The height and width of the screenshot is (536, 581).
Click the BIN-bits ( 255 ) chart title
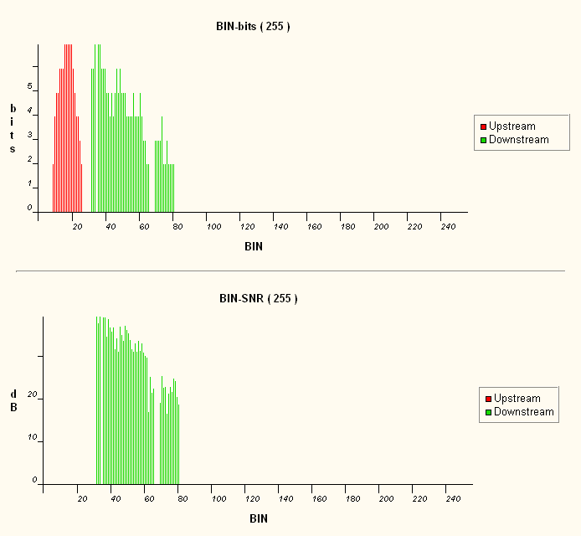(253, 26)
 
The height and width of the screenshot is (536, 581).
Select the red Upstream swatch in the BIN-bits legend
(483, 126)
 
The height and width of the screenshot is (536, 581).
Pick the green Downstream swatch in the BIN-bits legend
(483, 140)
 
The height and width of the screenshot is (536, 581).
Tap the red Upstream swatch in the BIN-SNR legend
(488, 399)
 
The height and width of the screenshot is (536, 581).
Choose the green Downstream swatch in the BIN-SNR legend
(488, 412)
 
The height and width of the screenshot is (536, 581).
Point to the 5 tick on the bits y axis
(29, 86)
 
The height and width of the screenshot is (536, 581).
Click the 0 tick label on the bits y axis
(29, 208)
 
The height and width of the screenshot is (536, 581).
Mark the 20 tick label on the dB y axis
(33, 395)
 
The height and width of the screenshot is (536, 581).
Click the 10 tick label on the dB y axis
(33, 438)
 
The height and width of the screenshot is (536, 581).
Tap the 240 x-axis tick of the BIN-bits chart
(447, 227)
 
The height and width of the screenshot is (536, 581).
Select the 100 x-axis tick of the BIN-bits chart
(213, 227)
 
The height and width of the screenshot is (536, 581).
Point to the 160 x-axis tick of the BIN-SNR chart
(311, 499)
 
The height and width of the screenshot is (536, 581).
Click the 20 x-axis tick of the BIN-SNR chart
(82, 499)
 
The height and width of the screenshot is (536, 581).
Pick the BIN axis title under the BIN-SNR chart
(259, 519)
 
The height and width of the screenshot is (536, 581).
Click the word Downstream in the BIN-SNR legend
(524, 412)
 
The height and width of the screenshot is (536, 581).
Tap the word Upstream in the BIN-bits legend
(512, 126)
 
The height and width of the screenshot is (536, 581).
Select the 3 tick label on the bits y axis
(29, 135)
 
